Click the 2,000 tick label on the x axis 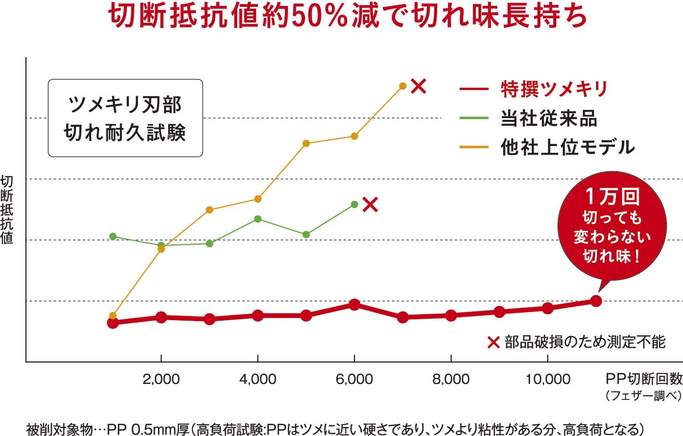tap(161, 379)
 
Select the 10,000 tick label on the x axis tap(548, 379)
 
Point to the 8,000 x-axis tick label tap(451, 379)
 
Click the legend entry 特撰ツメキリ tap(554, 88)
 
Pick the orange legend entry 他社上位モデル tap(567, 147)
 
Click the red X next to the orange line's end tap(418, 86)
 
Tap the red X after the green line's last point tap(370, 205)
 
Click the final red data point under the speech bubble tap(596, 301)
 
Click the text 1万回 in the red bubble tap(612, 197)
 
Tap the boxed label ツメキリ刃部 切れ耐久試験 tap(125, 118)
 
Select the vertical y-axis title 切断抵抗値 tap(7, 210)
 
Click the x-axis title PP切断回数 tap(644, 379)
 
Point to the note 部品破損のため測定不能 tap(585, 342)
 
